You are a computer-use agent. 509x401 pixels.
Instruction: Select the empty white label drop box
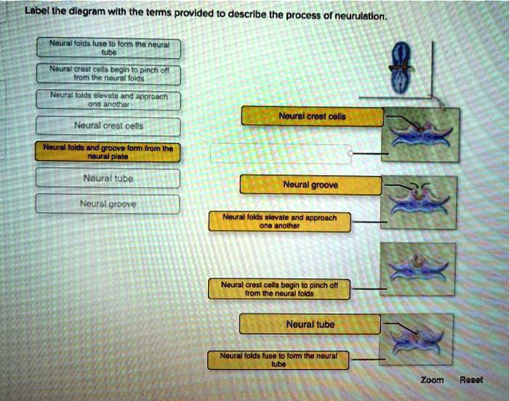pos(281,153)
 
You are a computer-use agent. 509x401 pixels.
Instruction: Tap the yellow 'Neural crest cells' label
pos(311,116)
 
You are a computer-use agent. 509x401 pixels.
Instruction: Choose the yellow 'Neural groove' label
pos(311,185)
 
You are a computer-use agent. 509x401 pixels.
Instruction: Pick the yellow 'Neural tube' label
pos(310,324)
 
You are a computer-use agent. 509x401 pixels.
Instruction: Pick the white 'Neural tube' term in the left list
pos(107,177)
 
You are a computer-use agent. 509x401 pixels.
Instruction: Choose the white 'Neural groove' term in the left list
pos(107,204)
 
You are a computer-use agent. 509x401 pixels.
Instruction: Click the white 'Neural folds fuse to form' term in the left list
pos(108,48)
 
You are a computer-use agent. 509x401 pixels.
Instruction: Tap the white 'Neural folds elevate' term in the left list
pos(108,100)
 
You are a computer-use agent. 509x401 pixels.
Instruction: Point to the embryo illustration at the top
pos(402,68)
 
